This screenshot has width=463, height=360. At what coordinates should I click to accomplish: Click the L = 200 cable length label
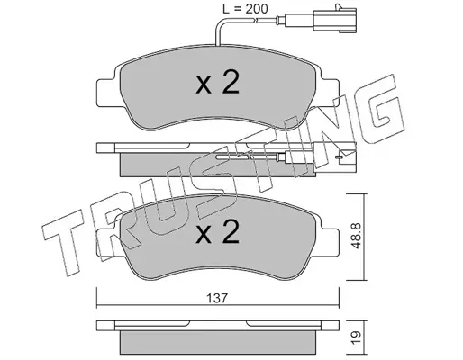245,9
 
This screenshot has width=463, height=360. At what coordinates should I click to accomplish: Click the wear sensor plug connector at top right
335,20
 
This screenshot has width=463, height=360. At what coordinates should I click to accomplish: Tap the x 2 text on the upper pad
217,83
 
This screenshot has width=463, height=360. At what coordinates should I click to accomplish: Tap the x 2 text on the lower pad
217,231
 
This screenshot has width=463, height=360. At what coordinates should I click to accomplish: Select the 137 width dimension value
217,298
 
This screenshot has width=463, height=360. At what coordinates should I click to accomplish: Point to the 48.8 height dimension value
356,236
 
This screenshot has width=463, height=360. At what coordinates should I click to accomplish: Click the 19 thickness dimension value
356,338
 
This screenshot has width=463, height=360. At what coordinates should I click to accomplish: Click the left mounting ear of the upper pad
105,92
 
